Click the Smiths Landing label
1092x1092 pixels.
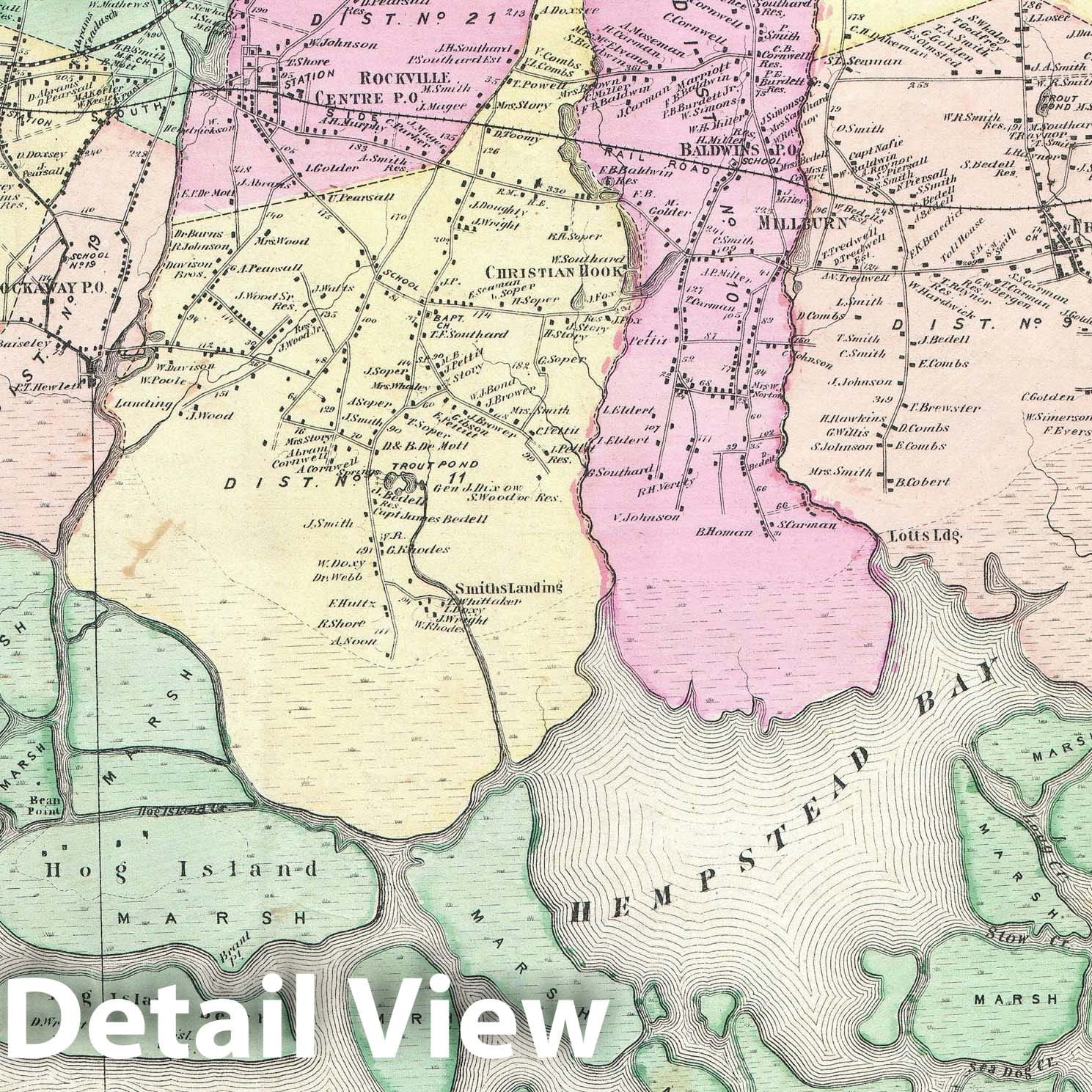click(x=508, y=587)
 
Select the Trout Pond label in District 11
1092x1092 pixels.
click(x=435, y=465)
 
